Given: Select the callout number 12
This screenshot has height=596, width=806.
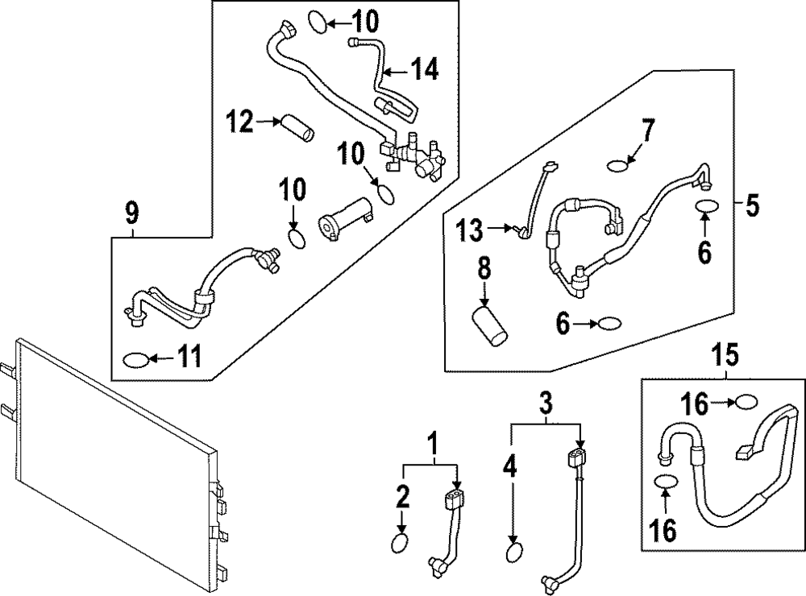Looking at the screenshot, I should point(239,122).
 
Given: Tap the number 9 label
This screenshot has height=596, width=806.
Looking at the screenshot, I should point(132,213).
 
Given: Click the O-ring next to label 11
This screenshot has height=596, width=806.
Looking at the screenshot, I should point(135,358).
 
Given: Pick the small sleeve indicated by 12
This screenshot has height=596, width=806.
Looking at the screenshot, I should point(297,127).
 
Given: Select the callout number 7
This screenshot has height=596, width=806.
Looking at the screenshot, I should point(648,130).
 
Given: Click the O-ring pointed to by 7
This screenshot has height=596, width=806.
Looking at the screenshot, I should point(617,167).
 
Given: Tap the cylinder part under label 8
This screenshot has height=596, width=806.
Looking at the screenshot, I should point(491,323).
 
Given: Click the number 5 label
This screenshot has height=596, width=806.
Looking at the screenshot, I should point(751,206).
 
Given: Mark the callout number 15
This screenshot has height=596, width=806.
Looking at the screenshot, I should point(725,354).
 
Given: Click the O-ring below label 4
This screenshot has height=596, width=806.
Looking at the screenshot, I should point(513,553).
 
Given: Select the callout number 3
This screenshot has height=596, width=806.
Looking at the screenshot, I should point(546,400).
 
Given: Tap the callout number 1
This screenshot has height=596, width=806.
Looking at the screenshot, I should point(432,443).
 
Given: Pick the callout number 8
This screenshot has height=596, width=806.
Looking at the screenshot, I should point(484,269).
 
